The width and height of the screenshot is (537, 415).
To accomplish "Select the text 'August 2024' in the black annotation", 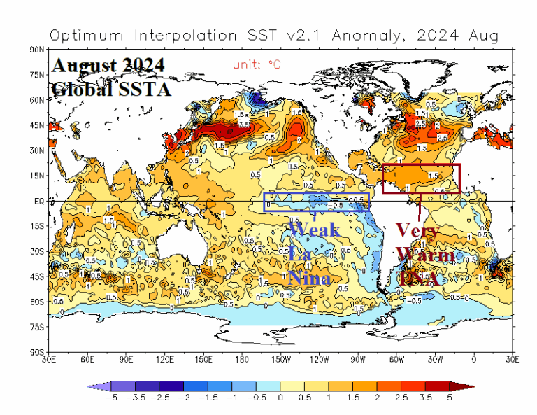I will pyautogui.click(x=108, y=66).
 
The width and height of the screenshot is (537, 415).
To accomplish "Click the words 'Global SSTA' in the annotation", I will pyautogui.click(x=110, y=90).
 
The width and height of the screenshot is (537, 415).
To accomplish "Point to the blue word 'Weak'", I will pyautogui.click(x=315, y=230).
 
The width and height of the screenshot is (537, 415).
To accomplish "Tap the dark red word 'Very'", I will pyautogui.click(x=417, y=230).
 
